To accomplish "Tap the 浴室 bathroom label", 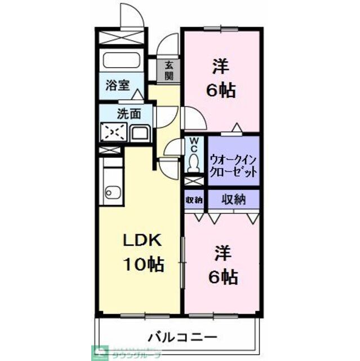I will point(117,86).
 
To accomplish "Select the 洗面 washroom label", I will point(128,113).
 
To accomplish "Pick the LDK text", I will point(143,240).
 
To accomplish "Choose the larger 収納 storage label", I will point(232,199).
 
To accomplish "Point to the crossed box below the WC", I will point(193,182).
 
